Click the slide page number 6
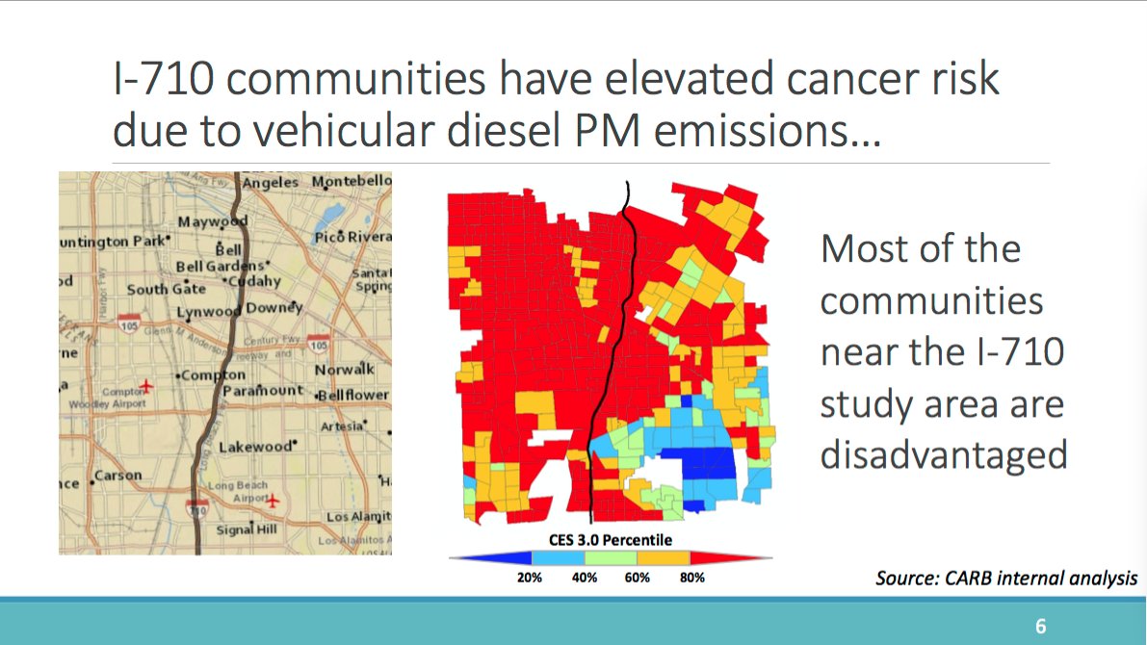coord(1040,626)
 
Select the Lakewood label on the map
coord(254,447)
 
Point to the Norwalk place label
coord(344,369)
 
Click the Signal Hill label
coord(248,529)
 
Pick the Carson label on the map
coord(117,476)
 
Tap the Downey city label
coord(274,308)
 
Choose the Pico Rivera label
coord(352,237)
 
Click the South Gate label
coord(166,289)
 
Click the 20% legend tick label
coord(530,578)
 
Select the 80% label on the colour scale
coord(692,578)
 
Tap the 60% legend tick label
coord(638,578)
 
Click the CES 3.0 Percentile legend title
coord(611,540)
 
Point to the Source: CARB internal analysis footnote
coord(1006,579)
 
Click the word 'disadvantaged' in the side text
coord(943,454)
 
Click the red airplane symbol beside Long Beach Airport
coord(274,501)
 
